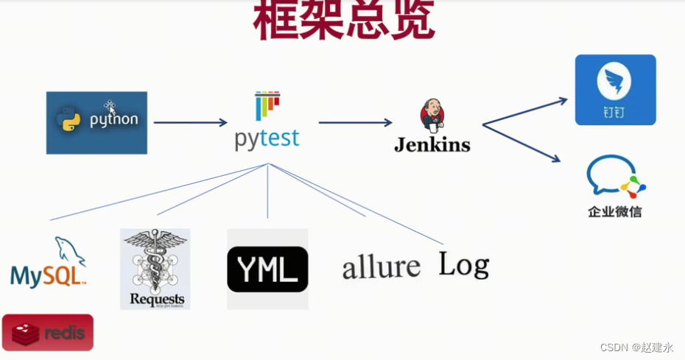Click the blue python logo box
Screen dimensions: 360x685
pyautogui.click(x=96, y=122)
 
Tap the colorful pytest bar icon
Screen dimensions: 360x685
pyautogui.click(x=267, y=106)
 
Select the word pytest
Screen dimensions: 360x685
pyautogui.click(x=267, y=138)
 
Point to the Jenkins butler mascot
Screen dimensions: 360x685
pyautogui.click(x=432, y=117)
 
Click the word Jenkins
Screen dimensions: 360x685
pyautogui.click(x=432, y=145)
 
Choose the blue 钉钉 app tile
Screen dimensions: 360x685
pyautogui.click(x=615, y=90)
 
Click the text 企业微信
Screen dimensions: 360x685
pyautogui.click(x=615, y=212)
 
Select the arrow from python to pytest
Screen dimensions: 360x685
pyautogui.click(x=190, y=123)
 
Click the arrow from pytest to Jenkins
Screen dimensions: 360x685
pyautogui.click(x=355, y=123)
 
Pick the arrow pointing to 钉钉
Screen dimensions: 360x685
pyautogui.click(x=524, y=110)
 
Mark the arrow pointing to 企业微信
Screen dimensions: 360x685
pyautogui.click(x=521, y=142)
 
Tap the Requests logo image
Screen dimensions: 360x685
pyautogui.click(x=155, y=269)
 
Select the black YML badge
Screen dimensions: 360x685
pyautogui.click(x=267, y=269)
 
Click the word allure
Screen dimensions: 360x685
pyautogui.click(x=381, y=267)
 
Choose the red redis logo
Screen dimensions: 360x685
pyautogui.click(x=48, y=333)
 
